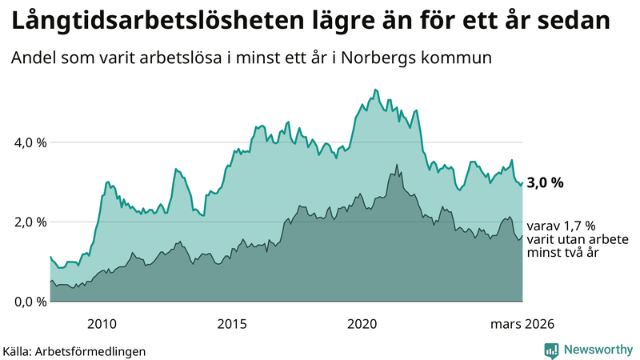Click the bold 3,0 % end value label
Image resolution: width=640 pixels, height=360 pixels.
coord(545,183)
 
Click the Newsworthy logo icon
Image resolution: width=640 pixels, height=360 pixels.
coord(551,349)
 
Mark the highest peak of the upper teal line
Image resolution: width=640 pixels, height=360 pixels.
coord(374,90)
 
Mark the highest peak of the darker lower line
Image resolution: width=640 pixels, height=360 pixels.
coord(396,165)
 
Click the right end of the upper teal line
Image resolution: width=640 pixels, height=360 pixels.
coord(522,182)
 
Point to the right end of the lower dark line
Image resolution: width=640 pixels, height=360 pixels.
coord(522,235)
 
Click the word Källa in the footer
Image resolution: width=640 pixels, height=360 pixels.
coord(21,350)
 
